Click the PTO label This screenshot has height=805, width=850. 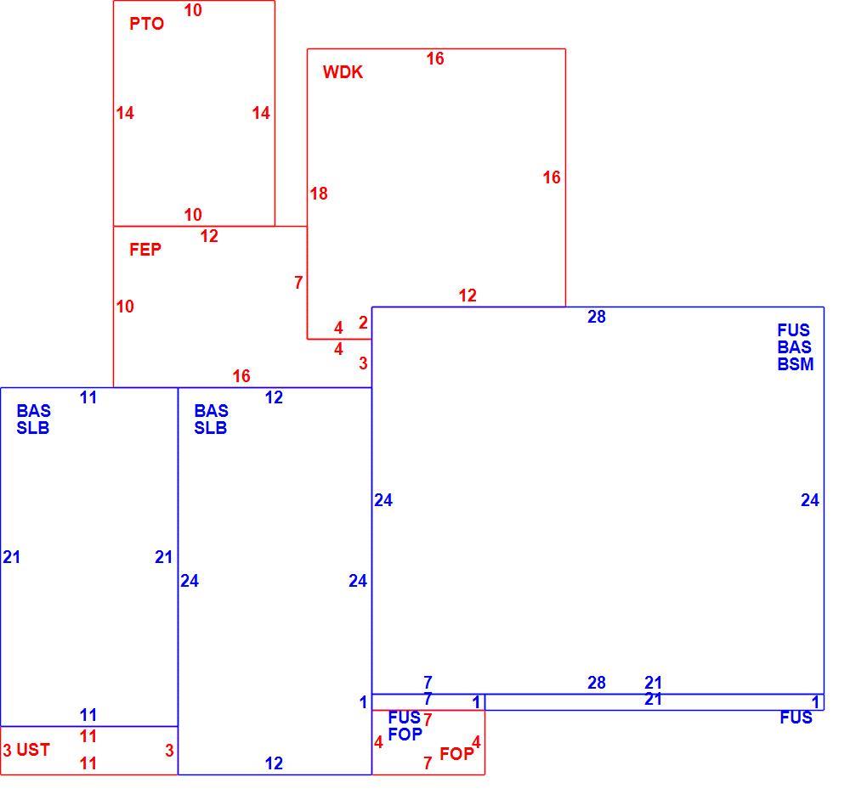146,24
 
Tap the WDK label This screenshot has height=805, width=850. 343,72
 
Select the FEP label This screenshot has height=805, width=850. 144,250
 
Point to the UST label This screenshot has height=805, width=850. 33,750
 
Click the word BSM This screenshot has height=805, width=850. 796,364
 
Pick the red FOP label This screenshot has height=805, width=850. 456,753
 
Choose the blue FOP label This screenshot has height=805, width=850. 405,734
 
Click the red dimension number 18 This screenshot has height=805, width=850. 319,194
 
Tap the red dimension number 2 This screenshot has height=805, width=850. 363,323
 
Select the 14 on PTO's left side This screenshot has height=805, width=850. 125,113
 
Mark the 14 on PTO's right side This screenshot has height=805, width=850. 261,113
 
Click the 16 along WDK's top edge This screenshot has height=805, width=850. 434,59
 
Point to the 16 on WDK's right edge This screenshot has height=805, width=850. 552,177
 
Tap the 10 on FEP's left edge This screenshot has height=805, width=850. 125,307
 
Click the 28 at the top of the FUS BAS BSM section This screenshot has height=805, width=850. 597,317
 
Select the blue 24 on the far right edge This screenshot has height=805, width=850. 810,500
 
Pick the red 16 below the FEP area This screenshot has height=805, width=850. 241,376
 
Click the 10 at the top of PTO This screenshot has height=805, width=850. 193,10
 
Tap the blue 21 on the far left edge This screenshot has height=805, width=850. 11,557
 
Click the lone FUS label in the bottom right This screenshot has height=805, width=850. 796,718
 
